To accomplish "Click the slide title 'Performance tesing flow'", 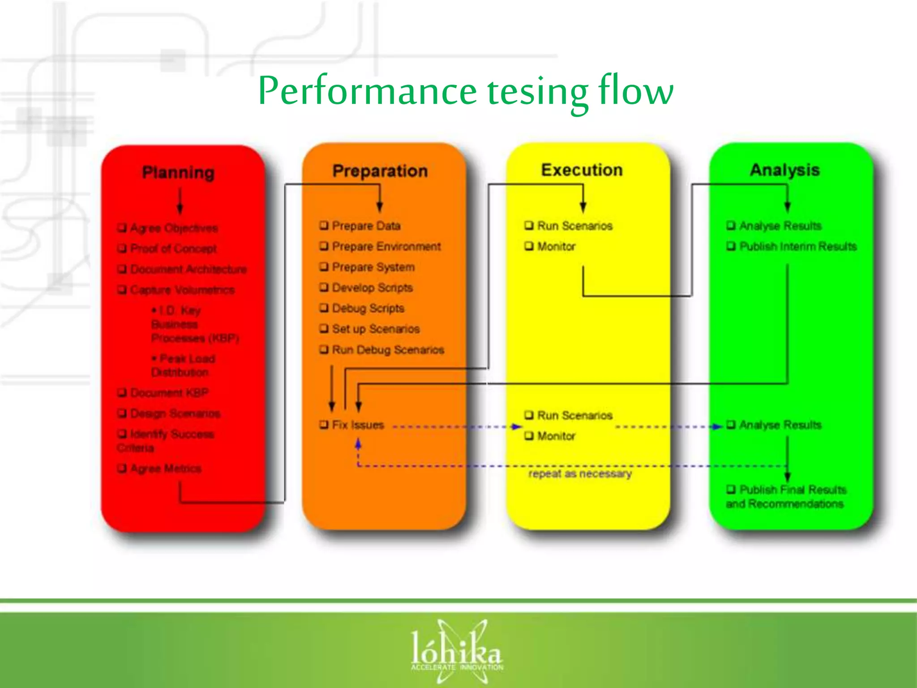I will pyautogui.click(x=465, y=91).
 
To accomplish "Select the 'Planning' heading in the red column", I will pyautogui.click(x=178, y=172).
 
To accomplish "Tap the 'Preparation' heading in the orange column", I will pyautogui.click(x=380, y=171).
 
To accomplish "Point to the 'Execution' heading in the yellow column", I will pyautogui.click(x=582, y=170).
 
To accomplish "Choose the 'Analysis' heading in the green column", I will pyautogui.click(x=784, y=170).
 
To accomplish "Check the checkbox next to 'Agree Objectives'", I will pyautogui.click(x=122, y=228).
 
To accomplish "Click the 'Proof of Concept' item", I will pyautogui.click(x=173, y=249).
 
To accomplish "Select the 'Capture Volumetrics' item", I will pyautogui.click(x=182, y=290).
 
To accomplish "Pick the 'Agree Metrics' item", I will pyautogui.click(x=166, y=469).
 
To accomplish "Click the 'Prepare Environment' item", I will pyautogui.click(x=386, y=246).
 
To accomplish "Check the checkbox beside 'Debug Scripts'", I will pyautogui.click(x=324, y=308).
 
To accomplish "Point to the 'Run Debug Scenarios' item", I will pyautogui.click(x=388, y=349).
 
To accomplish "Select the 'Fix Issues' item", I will pyautogui.click(x=358, y=425).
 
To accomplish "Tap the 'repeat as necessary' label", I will pyautogui.click(x=580, y=473).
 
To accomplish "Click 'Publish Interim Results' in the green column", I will pyautogui.click(x=797, y=246).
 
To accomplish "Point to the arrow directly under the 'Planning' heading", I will pyautogui.click(x=180, y=200).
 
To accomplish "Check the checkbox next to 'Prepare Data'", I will pyautogui.click(x=324, y=225).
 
